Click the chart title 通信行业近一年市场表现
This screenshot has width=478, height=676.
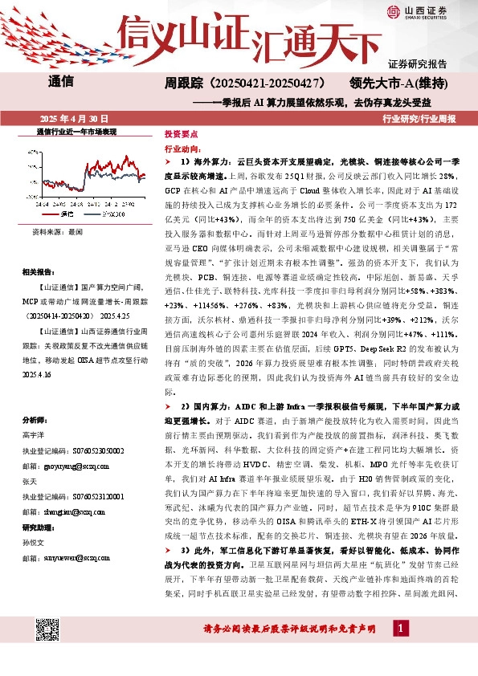77,130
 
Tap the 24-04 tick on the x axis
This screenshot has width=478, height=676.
40,204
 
